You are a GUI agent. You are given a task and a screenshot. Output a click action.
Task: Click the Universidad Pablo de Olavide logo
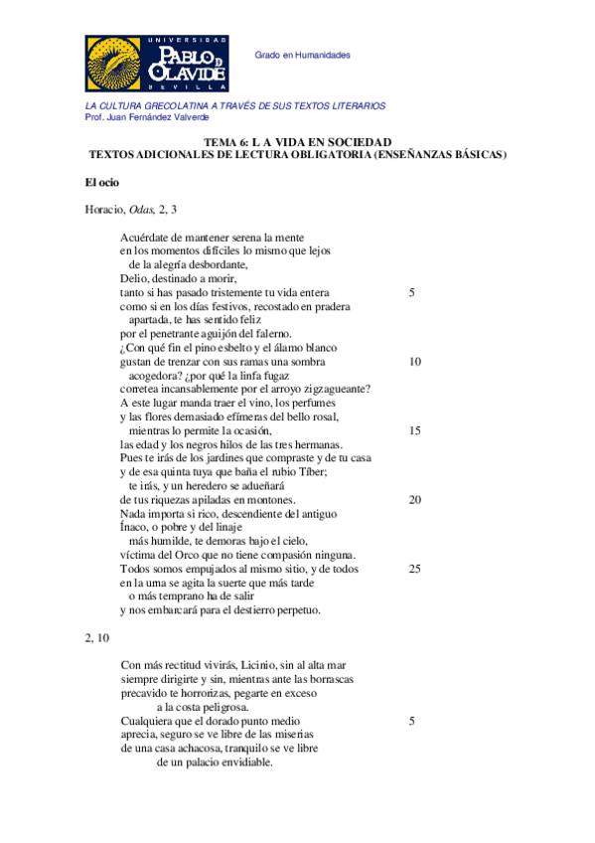coord(157,64)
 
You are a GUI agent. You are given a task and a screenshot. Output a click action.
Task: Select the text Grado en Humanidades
coord(303,56)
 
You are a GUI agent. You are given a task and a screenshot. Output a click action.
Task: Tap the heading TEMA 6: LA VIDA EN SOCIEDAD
coord(297,142)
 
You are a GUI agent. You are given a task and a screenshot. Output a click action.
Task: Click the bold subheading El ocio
coord(101,182)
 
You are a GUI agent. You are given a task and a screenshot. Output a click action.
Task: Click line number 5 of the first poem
coord(411,293)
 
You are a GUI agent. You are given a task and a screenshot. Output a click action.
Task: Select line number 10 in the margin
coord(414,362)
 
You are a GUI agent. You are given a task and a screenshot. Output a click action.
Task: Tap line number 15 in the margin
coord(414,430)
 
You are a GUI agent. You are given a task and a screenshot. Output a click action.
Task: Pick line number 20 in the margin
coord(414,499)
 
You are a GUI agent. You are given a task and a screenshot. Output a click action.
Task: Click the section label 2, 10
coord(98,637)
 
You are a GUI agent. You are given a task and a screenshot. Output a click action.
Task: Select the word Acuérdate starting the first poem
coord(144,238)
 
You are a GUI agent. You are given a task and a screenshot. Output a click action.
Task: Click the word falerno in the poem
coord(269,334)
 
